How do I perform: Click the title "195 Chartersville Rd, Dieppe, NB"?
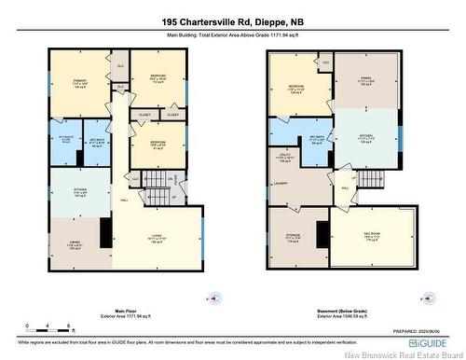(x=232, y=21)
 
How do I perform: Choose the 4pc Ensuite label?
(x=64, y=142)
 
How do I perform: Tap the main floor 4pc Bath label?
(x=96, y=143)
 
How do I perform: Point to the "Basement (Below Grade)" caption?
(x=305, y=312)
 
